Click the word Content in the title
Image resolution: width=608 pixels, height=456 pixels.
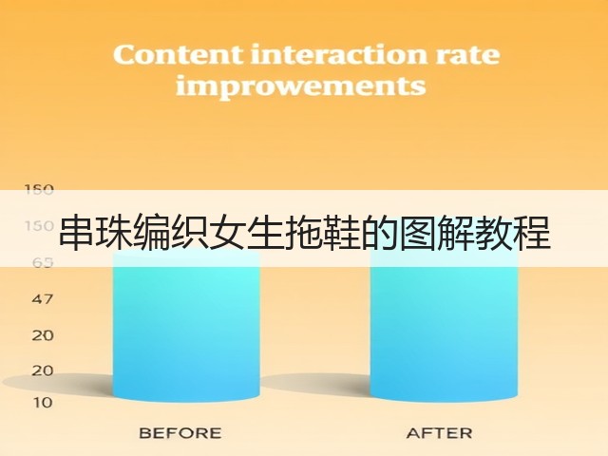click(179, 55)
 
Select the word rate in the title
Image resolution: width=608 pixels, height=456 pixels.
click(467, 55)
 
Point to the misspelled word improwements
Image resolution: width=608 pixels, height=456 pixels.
click(301, 86)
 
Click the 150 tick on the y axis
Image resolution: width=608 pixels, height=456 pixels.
click(39, 226)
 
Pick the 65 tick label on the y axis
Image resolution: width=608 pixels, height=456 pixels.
click(42, 262)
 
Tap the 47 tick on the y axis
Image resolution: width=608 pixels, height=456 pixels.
click(42, 299)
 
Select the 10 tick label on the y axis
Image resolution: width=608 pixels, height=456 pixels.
click(42, 403)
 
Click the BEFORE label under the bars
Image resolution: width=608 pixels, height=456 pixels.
click(180, 433)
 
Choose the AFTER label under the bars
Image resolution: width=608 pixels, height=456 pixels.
click(439, 433)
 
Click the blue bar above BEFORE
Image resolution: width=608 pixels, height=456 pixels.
click(186, 327)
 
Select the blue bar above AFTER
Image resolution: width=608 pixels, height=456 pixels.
click(444, 327)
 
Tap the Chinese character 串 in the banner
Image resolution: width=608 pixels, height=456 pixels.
click(77, 233)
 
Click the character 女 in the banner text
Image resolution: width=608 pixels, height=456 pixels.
click(228, 233)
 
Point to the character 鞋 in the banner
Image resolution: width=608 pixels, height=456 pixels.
click(342, 233)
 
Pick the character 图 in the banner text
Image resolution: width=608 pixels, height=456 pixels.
click(418, 233)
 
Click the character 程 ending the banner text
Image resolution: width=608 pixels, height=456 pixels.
click(532, 233)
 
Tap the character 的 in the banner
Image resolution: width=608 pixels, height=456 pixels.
click(380, 233)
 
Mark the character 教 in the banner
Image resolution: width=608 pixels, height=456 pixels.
click(494, 233)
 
